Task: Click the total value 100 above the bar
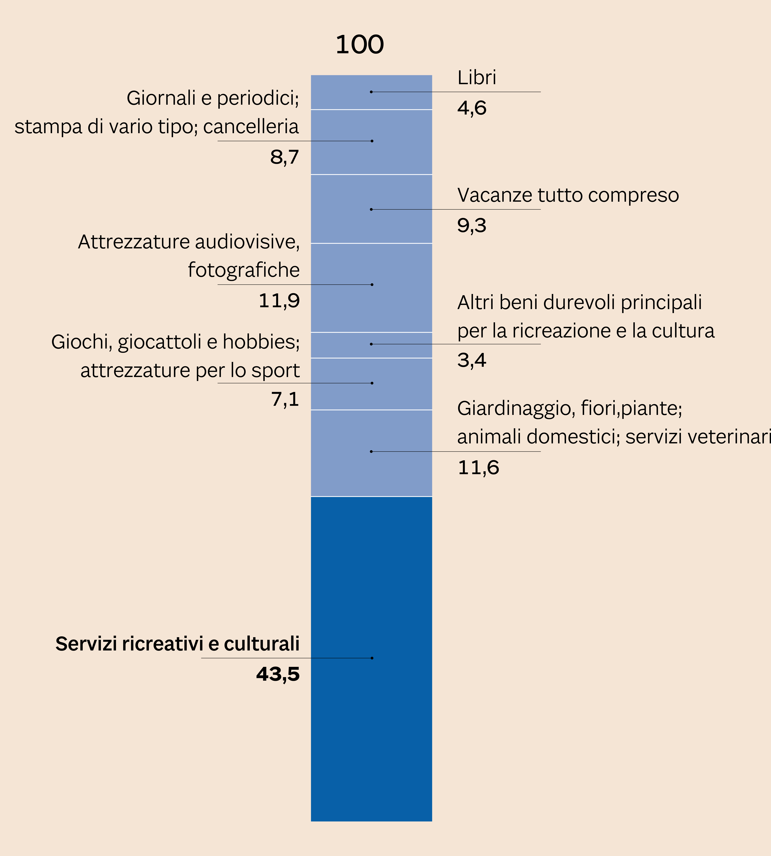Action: pyautogui.click(x=360, y=45)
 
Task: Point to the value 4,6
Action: pyautogui.click(x=472, y=108)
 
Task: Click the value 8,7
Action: pyautogui.click(x=285, y=157)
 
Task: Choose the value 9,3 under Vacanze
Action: pyautogui.click(x=472, y=226)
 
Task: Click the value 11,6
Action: pyautogui.click(x=478, y=468)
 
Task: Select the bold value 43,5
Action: pyautogui.click(x=278, y=674)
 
